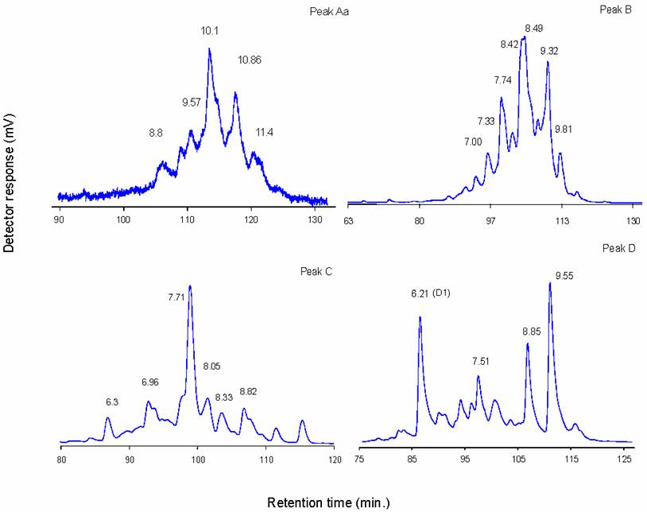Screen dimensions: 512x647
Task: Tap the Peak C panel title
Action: point(315,272)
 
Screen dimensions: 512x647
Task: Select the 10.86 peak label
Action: point(253,60)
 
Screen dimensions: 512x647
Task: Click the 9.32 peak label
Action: point(548,52)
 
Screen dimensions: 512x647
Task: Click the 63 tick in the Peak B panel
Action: point(348,219)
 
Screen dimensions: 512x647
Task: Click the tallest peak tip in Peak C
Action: point(190,286)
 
